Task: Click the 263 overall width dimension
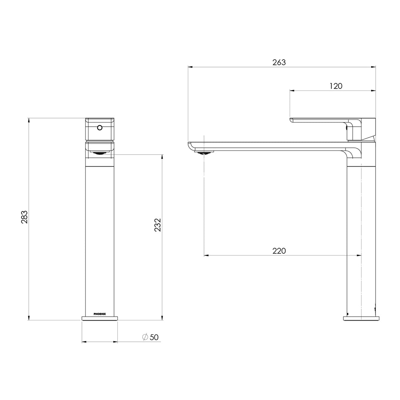pyautogui.click(x=279, y=63)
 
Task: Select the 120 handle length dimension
pyautogui.click(x=336, y=86)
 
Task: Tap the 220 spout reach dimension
pyautogui.click(x=279, y=251)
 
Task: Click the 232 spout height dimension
pyautogui.click(x=157, y=225)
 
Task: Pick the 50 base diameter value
pyautogui.click(x=154, y=337)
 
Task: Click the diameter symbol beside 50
pyautogui.click(x=145, y=337)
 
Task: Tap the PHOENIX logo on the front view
pyautogui.click(x=100, y=314)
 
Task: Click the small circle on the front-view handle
pyautogui.click(x=99, y=128)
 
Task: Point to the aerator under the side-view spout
pyautogui.click(x=204, y=151)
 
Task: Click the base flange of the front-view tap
pyautogui.click(x=100, y=318)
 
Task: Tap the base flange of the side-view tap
pyautogui.click(x=361, y=318)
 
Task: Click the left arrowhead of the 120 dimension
pyautogui.click(x=291, y=90)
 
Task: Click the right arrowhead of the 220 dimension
pyautogui.click(x=359, y=255)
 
